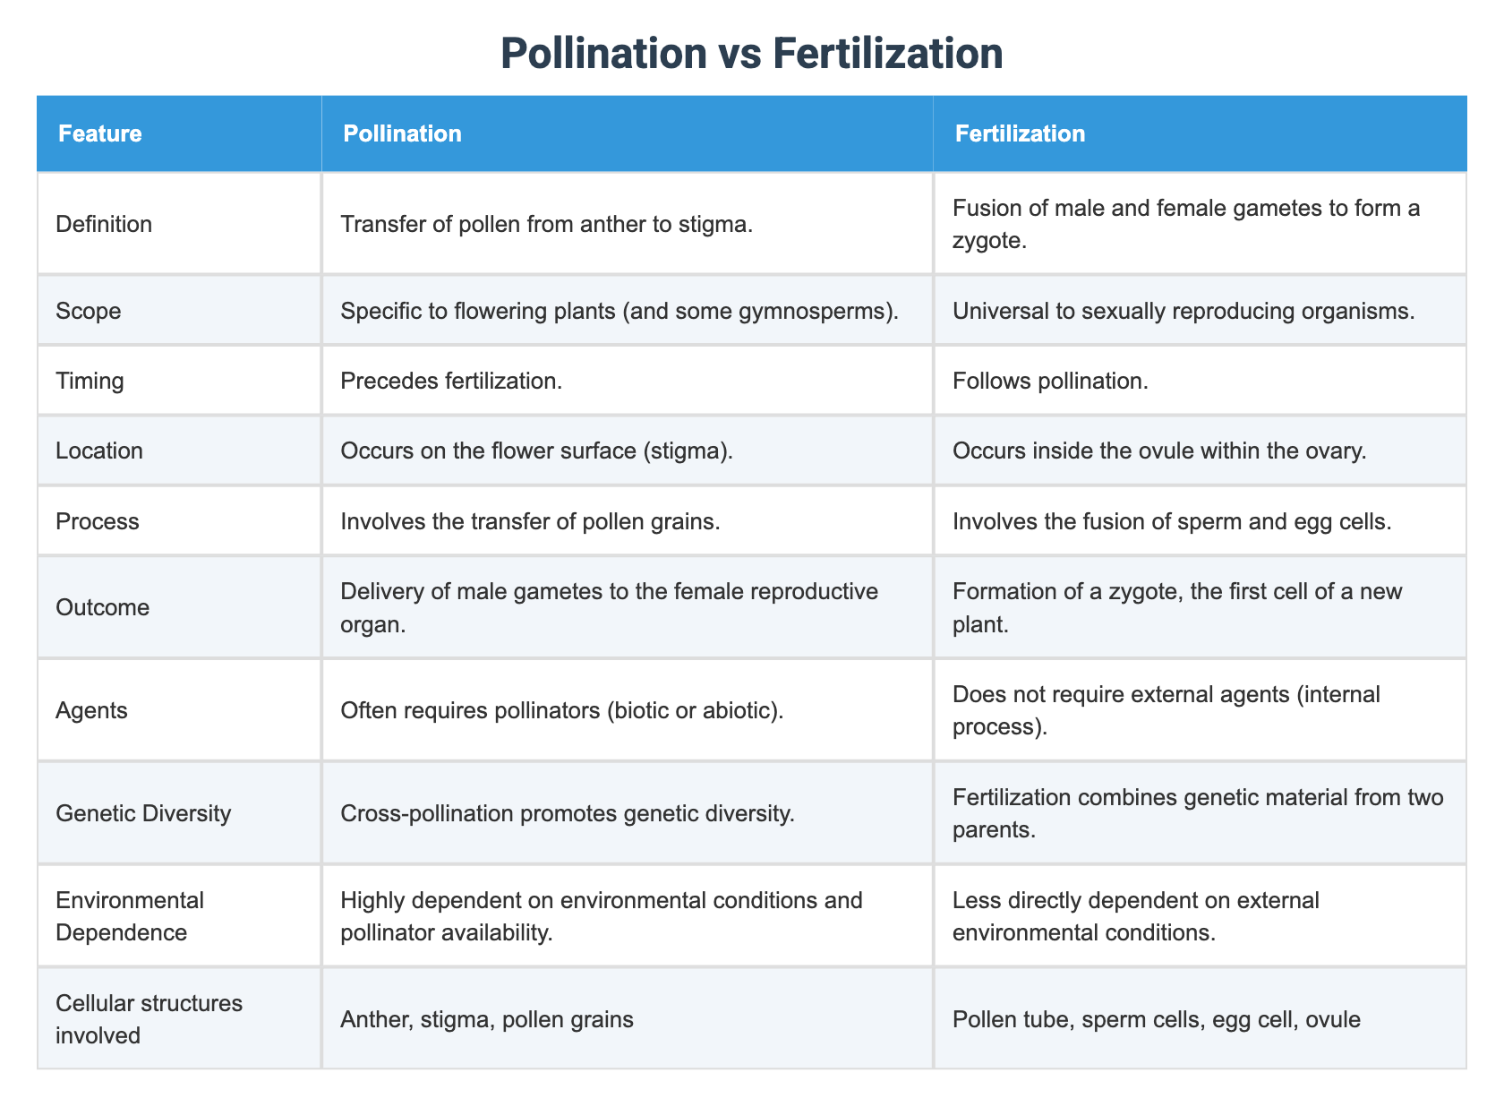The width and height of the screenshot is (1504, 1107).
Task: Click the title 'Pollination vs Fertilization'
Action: pos(752,53)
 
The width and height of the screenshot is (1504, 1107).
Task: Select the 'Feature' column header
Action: pos(99,133)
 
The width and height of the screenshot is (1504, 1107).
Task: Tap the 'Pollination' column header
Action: pos(403,133)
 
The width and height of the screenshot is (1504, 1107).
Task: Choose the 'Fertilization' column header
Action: pos(1020,133)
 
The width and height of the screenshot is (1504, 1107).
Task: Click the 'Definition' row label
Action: pos(104,224)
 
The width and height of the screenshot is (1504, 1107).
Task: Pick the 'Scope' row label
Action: pos(89,311)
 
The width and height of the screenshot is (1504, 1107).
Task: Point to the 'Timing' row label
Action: pos(90,381)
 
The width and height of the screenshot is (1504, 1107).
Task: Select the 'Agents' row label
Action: pos(91,710)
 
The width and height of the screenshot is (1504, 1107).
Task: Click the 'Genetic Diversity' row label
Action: pos(143,813)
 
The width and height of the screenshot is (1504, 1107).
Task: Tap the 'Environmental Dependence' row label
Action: pos(130,915)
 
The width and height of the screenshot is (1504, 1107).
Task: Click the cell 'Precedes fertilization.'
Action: pos(451,381)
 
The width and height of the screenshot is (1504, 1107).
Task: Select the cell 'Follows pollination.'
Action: pos(1051,381)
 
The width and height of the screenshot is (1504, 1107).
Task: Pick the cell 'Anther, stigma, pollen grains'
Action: pos(487,1018)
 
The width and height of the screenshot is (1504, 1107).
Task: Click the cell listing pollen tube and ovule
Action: pos(1157,1018)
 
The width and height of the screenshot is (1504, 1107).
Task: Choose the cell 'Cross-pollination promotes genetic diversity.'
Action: pos(567,813)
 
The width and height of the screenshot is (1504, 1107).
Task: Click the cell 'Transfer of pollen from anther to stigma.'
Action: pos(546,224)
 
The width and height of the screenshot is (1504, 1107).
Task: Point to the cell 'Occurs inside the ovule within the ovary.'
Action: pos(1159,451)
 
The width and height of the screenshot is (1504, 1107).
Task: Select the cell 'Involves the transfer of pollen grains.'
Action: pos(530,520)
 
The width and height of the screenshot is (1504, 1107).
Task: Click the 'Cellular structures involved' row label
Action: pos(149,1018)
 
